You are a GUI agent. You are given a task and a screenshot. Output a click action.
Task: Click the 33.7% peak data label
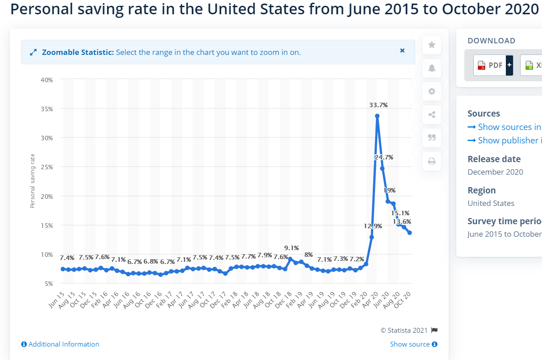pyautogui.click(x=378, y=105)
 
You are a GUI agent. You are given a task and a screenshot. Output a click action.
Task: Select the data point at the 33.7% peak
pyautogui.click(x=377, y=116)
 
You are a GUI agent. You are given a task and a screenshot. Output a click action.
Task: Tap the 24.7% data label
pyautogui.click(x=384, y=157)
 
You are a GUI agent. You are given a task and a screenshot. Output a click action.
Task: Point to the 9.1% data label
pyautogui.click(x=292, y=248)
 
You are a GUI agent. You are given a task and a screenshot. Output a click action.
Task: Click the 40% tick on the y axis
pyautogui.click(x=47, y=80)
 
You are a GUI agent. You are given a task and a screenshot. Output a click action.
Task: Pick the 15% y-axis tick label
pyautogui.click(x=47, y=226)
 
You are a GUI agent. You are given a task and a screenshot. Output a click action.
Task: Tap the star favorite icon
pyautogui.click(x=432, y=45)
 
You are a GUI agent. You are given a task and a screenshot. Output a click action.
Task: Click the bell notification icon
pyautogui.click(x=432, y=68)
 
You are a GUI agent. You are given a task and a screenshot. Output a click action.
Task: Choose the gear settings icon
pyautogui.click(x=432, y=91)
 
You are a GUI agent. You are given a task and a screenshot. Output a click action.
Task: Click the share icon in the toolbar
pyautogui.click(x=432, y=114)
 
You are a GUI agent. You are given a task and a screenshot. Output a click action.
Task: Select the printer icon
pyautogui.click(x=432, y=161)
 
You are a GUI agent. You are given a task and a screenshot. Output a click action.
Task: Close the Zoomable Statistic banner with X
pyautogui.click(x=402, y=51)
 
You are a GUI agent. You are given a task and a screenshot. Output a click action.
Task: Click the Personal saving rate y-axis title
pyautogui.click(x=32, y=181)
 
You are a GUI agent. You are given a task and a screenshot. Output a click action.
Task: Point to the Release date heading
pyautogui.click(x=494, y=159)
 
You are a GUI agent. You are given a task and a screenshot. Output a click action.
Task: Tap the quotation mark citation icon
pyautogui.click(x=432, y=138)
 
